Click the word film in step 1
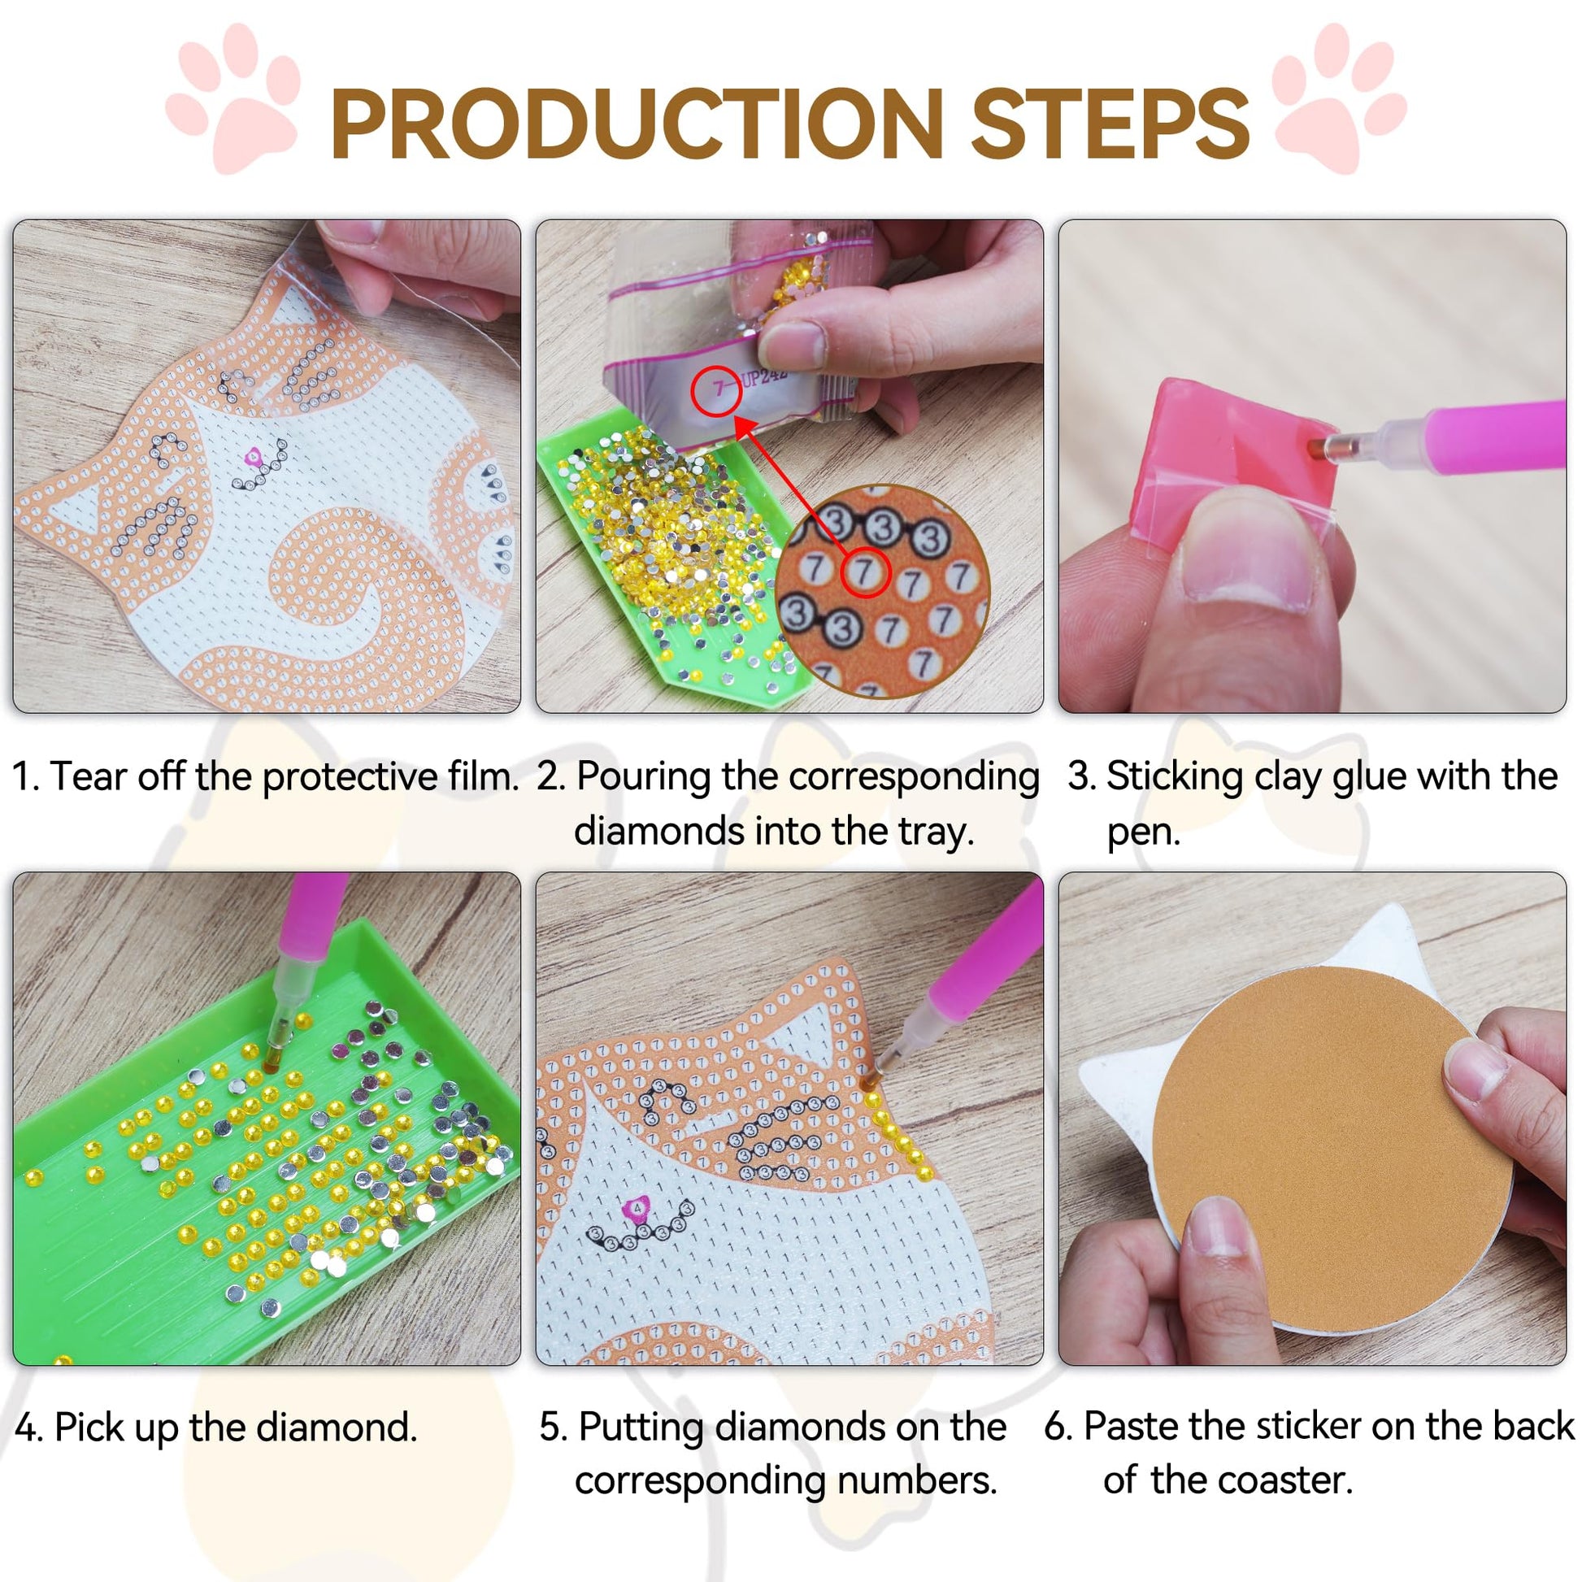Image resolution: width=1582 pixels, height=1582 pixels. click(482, 776)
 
